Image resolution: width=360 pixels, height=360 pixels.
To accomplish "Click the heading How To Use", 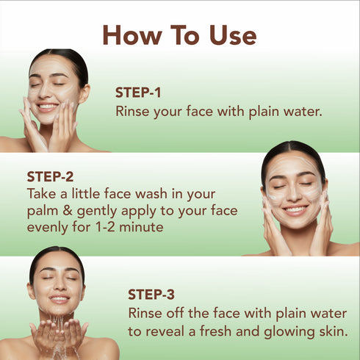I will [x=180, y=35].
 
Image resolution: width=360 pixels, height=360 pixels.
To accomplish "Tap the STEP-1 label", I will [x=137, y=93].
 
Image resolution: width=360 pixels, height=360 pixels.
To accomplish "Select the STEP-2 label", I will [x=50, y=176].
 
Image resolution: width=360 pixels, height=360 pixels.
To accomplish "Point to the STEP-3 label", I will [x=151, y=295].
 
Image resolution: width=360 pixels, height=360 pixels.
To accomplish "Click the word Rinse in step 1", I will [x=132, y=112].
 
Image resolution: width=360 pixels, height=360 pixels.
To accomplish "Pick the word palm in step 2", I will [x=42, y=212].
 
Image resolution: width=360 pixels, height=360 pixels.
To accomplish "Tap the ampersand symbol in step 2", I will [x=68, y=212].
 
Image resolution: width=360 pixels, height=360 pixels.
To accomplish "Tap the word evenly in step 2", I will [x=48, y=228].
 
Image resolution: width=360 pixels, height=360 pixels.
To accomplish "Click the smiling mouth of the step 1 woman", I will [x=48, y=107].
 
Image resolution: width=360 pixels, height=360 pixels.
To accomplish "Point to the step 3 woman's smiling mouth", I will [x=59, y=300].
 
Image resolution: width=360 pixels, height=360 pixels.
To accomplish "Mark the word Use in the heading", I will [x=229, y=35].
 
